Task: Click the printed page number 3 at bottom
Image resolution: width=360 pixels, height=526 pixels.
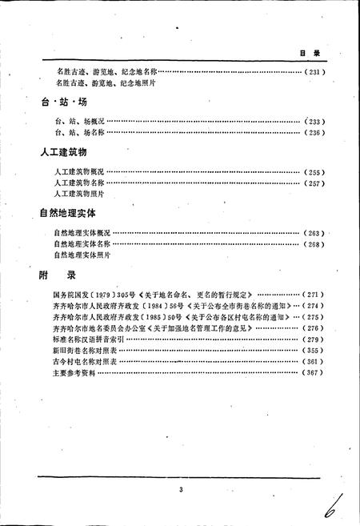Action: pyautogui.click(x=182, y=490)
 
